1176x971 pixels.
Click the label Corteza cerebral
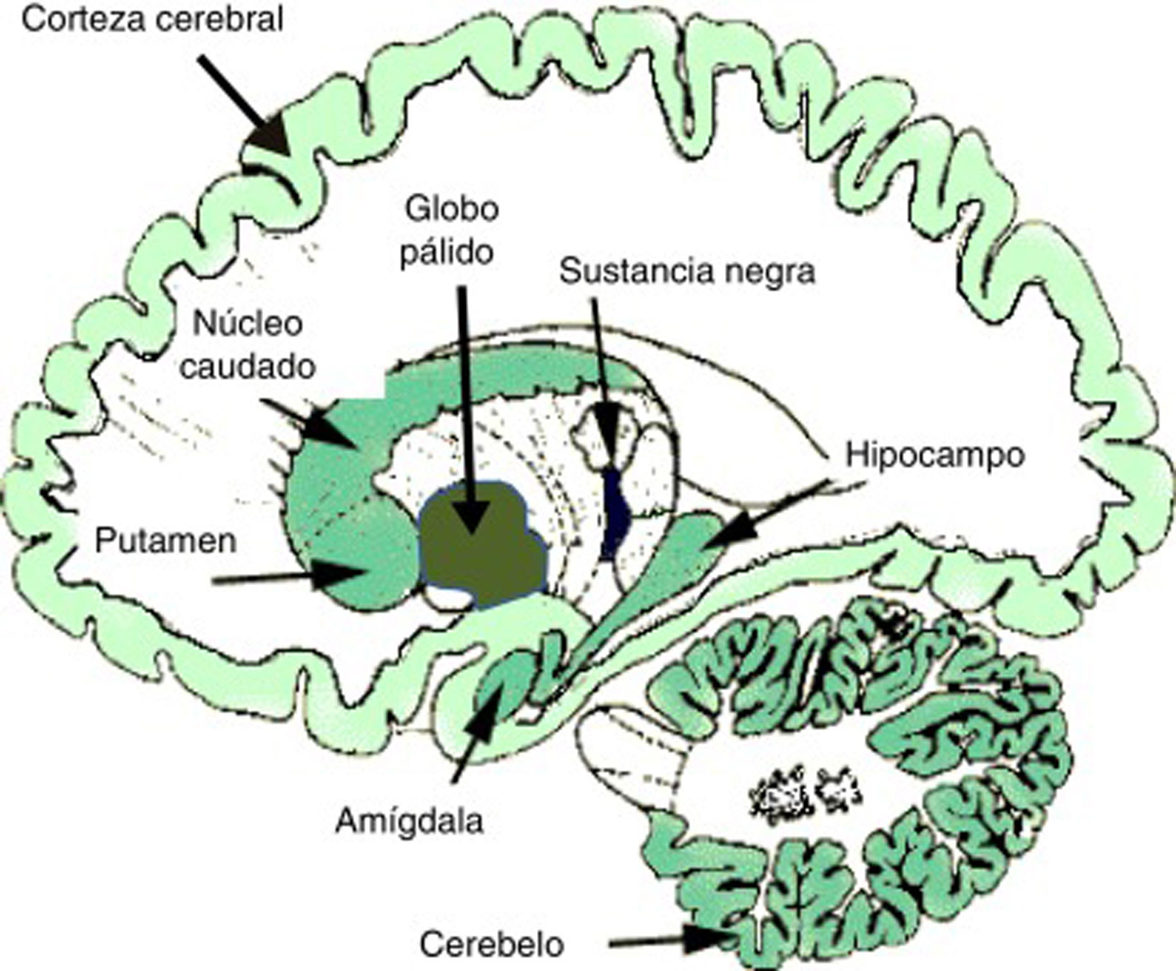[152, 20]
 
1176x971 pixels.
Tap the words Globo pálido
[450, 230]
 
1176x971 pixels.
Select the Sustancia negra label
[686, 271]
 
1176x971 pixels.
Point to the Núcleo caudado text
[248, 345]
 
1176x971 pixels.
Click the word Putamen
[165, 541]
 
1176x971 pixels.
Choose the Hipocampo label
[935, 455]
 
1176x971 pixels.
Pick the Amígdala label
[409, 822]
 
